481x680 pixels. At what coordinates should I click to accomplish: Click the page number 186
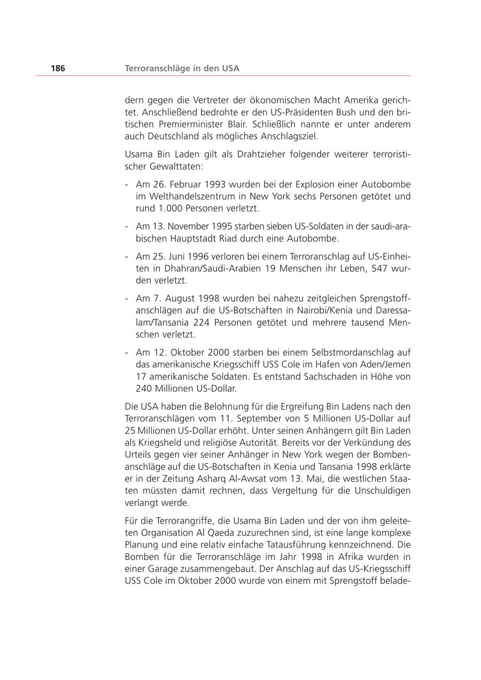click(58, 68)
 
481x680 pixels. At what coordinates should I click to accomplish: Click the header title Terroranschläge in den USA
click(182, 68)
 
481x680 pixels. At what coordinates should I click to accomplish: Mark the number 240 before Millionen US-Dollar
click(144, 389)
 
